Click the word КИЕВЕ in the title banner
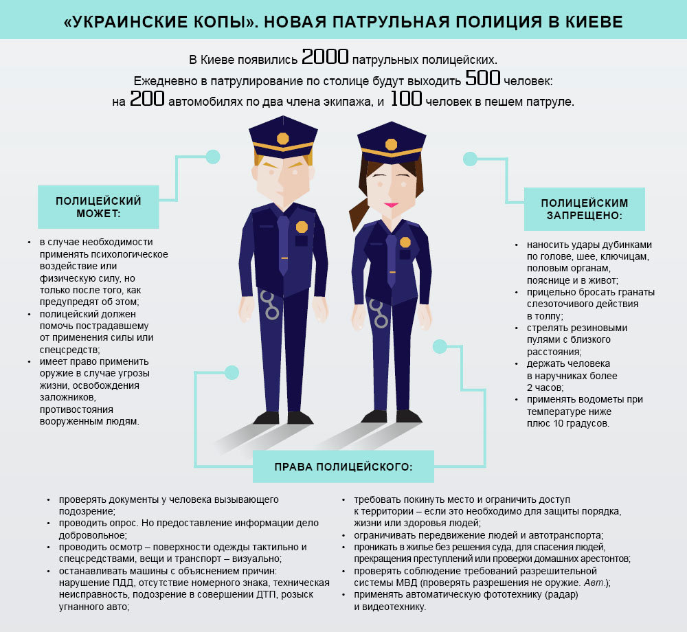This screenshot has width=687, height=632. [x=593, y=22]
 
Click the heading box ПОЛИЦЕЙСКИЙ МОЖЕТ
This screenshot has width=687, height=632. [x=98, y=207]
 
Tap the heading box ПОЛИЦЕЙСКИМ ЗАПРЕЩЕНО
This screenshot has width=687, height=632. [x=585, y=209]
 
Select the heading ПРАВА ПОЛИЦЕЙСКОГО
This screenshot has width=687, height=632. [x=343, y=467]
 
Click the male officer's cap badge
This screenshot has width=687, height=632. [x=282, y=138]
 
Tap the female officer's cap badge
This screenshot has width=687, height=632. [x=391, y=144]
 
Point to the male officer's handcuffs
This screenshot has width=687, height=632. [x=270, y=304]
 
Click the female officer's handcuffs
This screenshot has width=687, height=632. [x=378, y=313]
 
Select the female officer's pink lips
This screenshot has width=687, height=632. [x=391, y=205]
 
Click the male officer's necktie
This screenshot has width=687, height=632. [x=283, y=244]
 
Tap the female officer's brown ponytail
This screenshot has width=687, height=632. [x=360, y=210]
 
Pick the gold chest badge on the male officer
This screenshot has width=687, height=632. [x=302, y=227]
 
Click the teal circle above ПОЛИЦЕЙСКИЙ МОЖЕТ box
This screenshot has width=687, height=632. [x=213, y=157]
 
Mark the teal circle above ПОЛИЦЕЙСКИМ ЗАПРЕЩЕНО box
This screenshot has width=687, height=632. [x=470, y=159]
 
